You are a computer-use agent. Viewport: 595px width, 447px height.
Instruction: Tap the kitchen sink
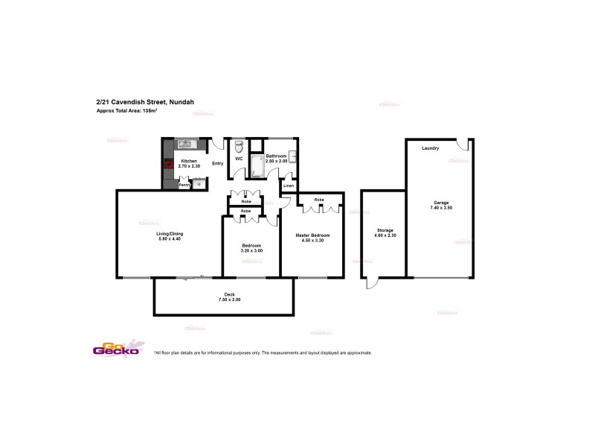[184, 144]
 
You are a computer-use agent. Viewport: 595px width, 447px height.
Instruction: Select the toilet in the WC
[239, 146]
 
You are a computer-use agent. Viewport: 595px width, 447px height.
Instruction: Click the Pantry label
[184, 185]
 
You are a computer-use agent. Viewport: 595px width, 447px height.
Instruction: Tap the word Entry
[218, 163]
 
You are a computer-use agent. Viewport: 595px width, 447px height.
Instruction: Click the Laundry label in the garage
[430, 148]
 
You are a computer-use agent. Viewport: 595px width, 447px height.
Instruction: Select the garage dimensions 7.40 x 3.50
[441, 208]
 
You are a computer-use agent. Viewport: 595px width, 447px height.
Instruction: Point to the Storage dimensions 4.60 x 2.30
[385, 236]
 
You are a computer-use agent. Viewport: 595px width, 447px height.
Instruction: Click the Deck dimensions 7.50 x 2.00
[229, 299]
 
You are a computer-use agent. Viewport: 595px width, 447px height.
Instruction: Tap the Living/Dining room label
[170, 234]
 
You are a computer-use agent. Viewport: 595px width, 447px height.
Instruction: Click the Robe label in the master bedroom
[318, 200]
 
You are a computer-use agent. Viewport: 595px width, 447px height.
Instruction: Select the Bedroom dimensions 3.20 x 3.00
[251, 251]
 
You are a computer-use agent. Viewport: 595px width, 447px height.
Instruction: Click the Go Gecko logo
[113, 349]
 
